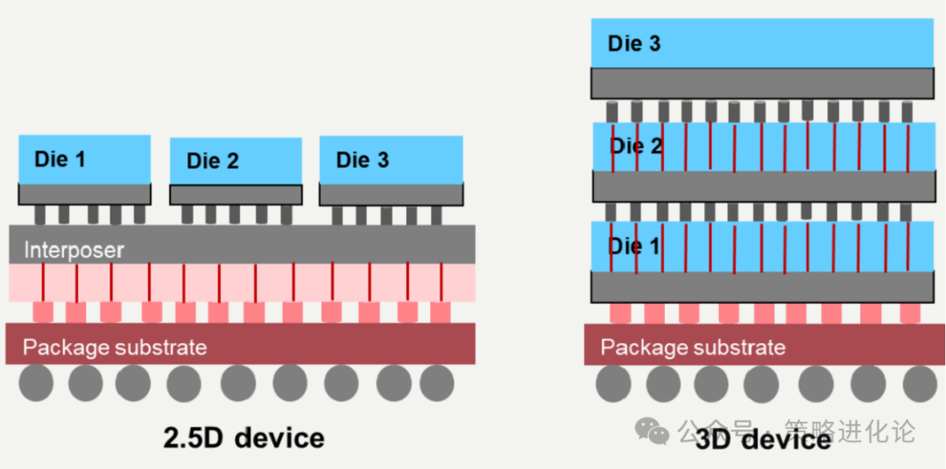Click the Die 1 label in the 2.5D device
pyautogui.click(x=60, y=159)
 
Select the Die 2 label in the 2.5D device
pyautogui.click(x=213, y=161)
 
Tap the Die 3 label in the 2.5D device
pyautogui.click(x=363, y=159)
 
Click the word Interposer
pyautogui.click(x=74, y=249)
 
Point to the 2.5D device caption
pyautogui.click(x=244, y=437)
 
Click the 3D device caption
pyautogui.click(x=763, y=439)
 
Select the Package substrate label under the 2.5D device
pyautogui.click(x=115, y=347)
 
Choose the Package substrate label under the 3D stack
pyautogui.click(x=693, y=347)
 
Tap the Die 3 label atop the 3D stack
pyautogui.click(x=634, y=44)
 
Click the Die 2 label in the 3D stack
pyautogui.click(x=637, y=146)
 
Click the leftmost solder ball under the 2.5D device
pyautogui.click(x=38, y=383)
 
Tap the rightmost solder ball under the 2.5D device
pyautogui.click(x=436, y=383)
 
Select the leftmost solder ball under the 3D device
pyautogui.click(x=613, y=383)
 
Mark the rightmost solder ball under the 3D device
pyautogui.click(x=920, y=383)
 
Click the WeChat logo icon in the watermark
pyautogui.click(x=652, y=430)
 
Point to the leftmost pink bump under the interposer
pyautogui.click(x=43, y=311)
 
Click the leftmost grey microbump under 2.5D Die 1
pyautogui.click(x=40, y=214)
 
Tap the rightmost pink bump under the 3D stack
pyautogui.click(x=910, y=312)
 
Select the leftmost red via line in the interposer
pyautogui.click(x=42, y=282)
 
